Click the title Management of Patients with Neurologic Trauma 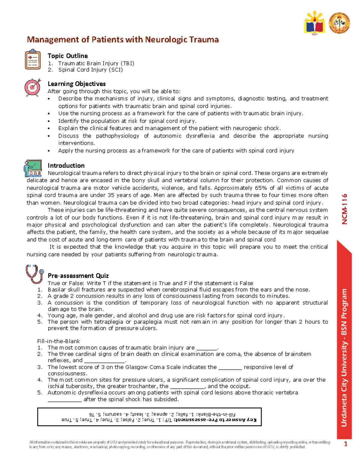[x=123, y=40]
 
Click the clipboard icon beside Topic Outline [x=33, y=59]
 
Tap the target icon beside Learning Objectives [x=32, y=87]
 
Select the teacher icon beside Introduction [x=32, y=168]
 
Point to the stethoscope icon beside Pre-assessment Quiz [x=34, y=274]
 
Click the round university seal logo [x=339, y=23]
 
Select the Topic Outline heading [x=68, y=56]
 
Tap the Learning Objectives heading [x=76, y=84]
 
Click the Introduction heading [x=66, y=166]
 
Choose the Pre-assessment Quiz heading [x=78, y=276]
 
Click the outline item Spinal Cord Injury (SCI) [x=90, y=70]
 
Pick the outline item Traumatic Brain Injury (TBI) [x=96, y=63]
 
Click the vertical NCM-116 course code [x=344, y=209]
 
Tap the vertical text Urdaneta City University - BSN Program [x=344, y=357]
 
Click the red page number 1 [x=345, y=444]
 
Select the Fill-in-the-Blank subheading [x=58, y=341]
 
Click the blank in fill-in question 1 [x=206, y=348]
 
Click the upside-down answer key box [x=149, y=417]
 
